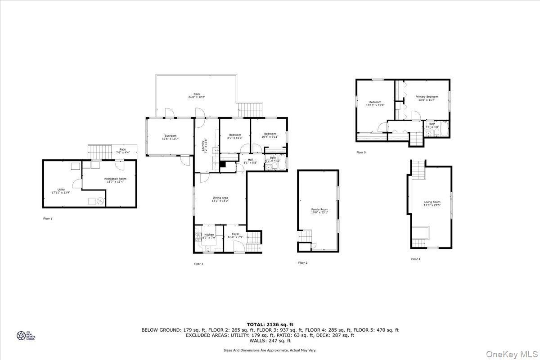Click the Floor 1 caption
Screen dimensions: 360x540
point(47,218)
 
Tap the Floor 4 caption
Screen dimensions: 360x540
point(415,259)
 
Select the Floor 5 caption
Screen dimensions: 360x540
point(361,152)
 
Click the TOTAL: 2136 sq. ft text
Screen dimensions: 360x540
point(270,324)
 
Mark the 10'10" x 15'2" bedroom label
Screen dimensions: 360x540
point(375,103)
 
